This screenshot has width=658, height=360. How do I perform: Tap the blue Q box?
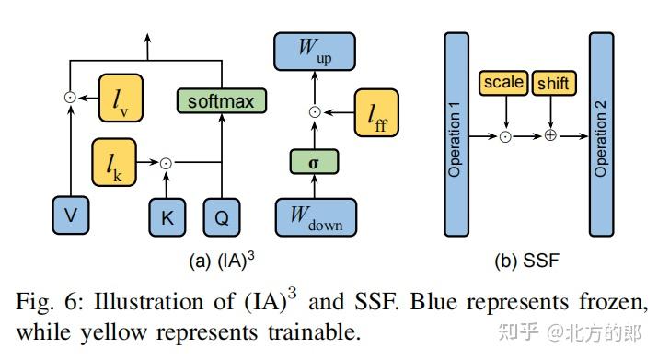[222, 217]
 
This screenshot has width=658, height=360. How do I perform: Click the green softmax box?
[220, 99]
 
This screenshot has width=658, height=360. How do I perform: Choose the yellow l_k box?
[114, 162]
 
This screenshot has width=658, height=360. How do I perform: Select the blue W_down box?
[316, 216]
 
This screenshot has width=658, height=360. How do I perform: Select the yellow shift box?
[552, 83]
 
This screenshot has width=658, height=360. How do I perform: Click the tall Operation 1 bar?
[456, 134]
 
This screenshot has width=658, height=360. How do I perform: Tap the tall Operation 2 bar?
[601, 134]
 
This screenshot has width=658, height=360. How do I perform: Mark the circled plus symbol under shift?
[551, 135]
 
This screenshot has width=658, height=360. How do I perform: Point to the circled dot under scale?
[505, 135]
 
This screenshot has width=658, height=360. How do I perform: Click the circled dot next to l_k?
[166, 163]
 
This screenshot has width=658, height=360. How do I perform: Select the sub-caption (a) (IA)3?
[221, 261]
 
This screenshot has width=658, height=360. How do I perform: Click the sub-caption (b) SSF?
[526, 261]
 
